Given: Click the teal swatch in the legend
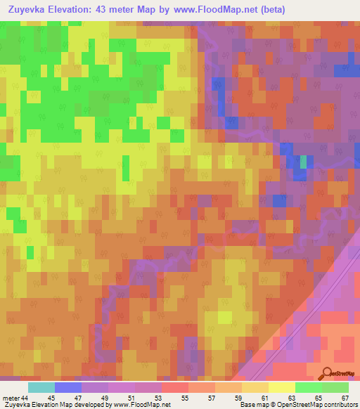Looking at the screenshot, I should tap(41, 387).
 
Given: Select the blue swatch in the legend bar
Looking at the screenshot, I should tap(67, 387).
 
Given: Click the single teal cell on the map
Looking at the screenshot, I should tap(304, 162).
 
